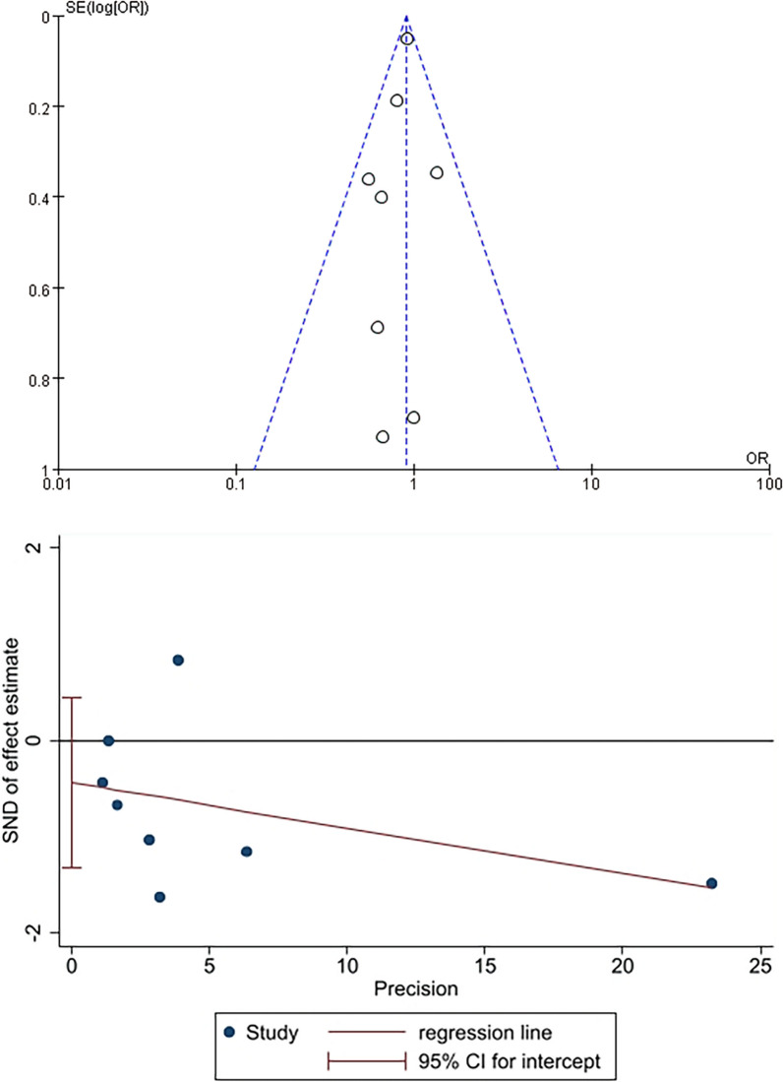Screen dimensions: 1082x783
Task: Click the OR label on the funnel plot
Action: [755, 460]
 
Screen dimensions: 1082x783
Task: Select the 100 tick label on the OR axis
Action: [767, 484]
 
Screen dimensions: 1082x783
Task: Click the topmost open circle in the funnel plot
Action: [407, 38]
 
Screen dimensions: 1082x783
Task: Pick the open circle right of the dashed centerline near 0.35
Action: [437, 172]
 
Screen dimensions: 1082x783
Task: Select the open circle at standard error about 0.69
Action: [377, 327]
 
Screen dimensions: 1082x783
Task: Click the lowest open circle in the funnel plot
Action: [383, 436]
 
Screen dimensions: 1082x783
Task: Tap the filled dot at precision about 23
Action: [711, 883]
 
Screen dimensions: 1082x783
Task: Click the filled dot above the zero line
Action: [178, 660]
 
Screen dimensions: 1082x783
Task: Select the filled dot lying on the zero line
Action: [108, 740]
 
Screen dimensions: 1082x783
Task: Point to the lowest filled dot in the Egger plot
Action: [159, 897]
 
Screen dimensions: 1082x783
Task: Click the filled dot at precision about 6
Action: [246, 851]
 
